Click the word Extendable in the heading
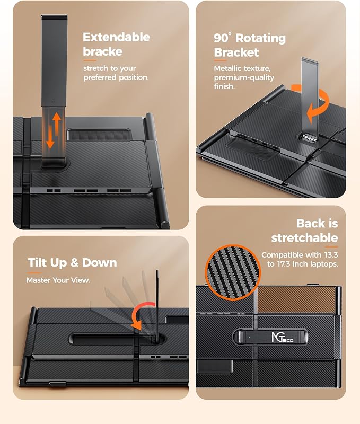[x=116, y=37]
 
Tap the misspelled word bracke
[x=102, y=51]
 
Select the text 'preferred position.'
[x=116, y=77]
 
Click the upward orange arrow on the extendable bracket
[x=57, y=124]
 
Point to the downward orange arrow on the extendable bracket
[x=50, y=137]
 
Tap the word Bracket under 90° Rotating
[x=236, y=52]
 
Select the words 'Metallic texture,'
[x=242, y=69]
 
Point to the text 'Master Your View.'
[x=58, y=280]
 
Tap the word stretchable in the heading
[x=304, y=238]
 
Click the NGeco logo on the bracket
[x=283, y=337]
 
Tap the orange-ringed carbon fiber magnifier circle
[x=233, y=272]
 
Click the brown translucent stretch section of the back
[x=297, y=300]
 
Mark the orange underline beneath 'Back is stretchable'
[x=331, y=247]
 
